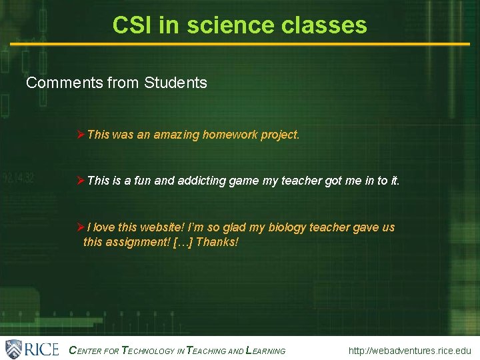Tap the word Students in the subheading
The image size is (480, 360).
coord(175,83)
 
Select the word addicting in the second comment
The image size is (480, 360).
coord(203,181)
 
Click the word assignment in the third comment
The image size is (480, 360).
coord(137,242)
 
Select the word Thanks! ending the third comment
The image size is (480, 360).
coord(217,242)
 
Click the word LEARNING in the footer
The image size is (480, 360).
coord(266,351)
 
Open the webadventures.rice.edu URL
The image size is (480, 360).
coord(409,351)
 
